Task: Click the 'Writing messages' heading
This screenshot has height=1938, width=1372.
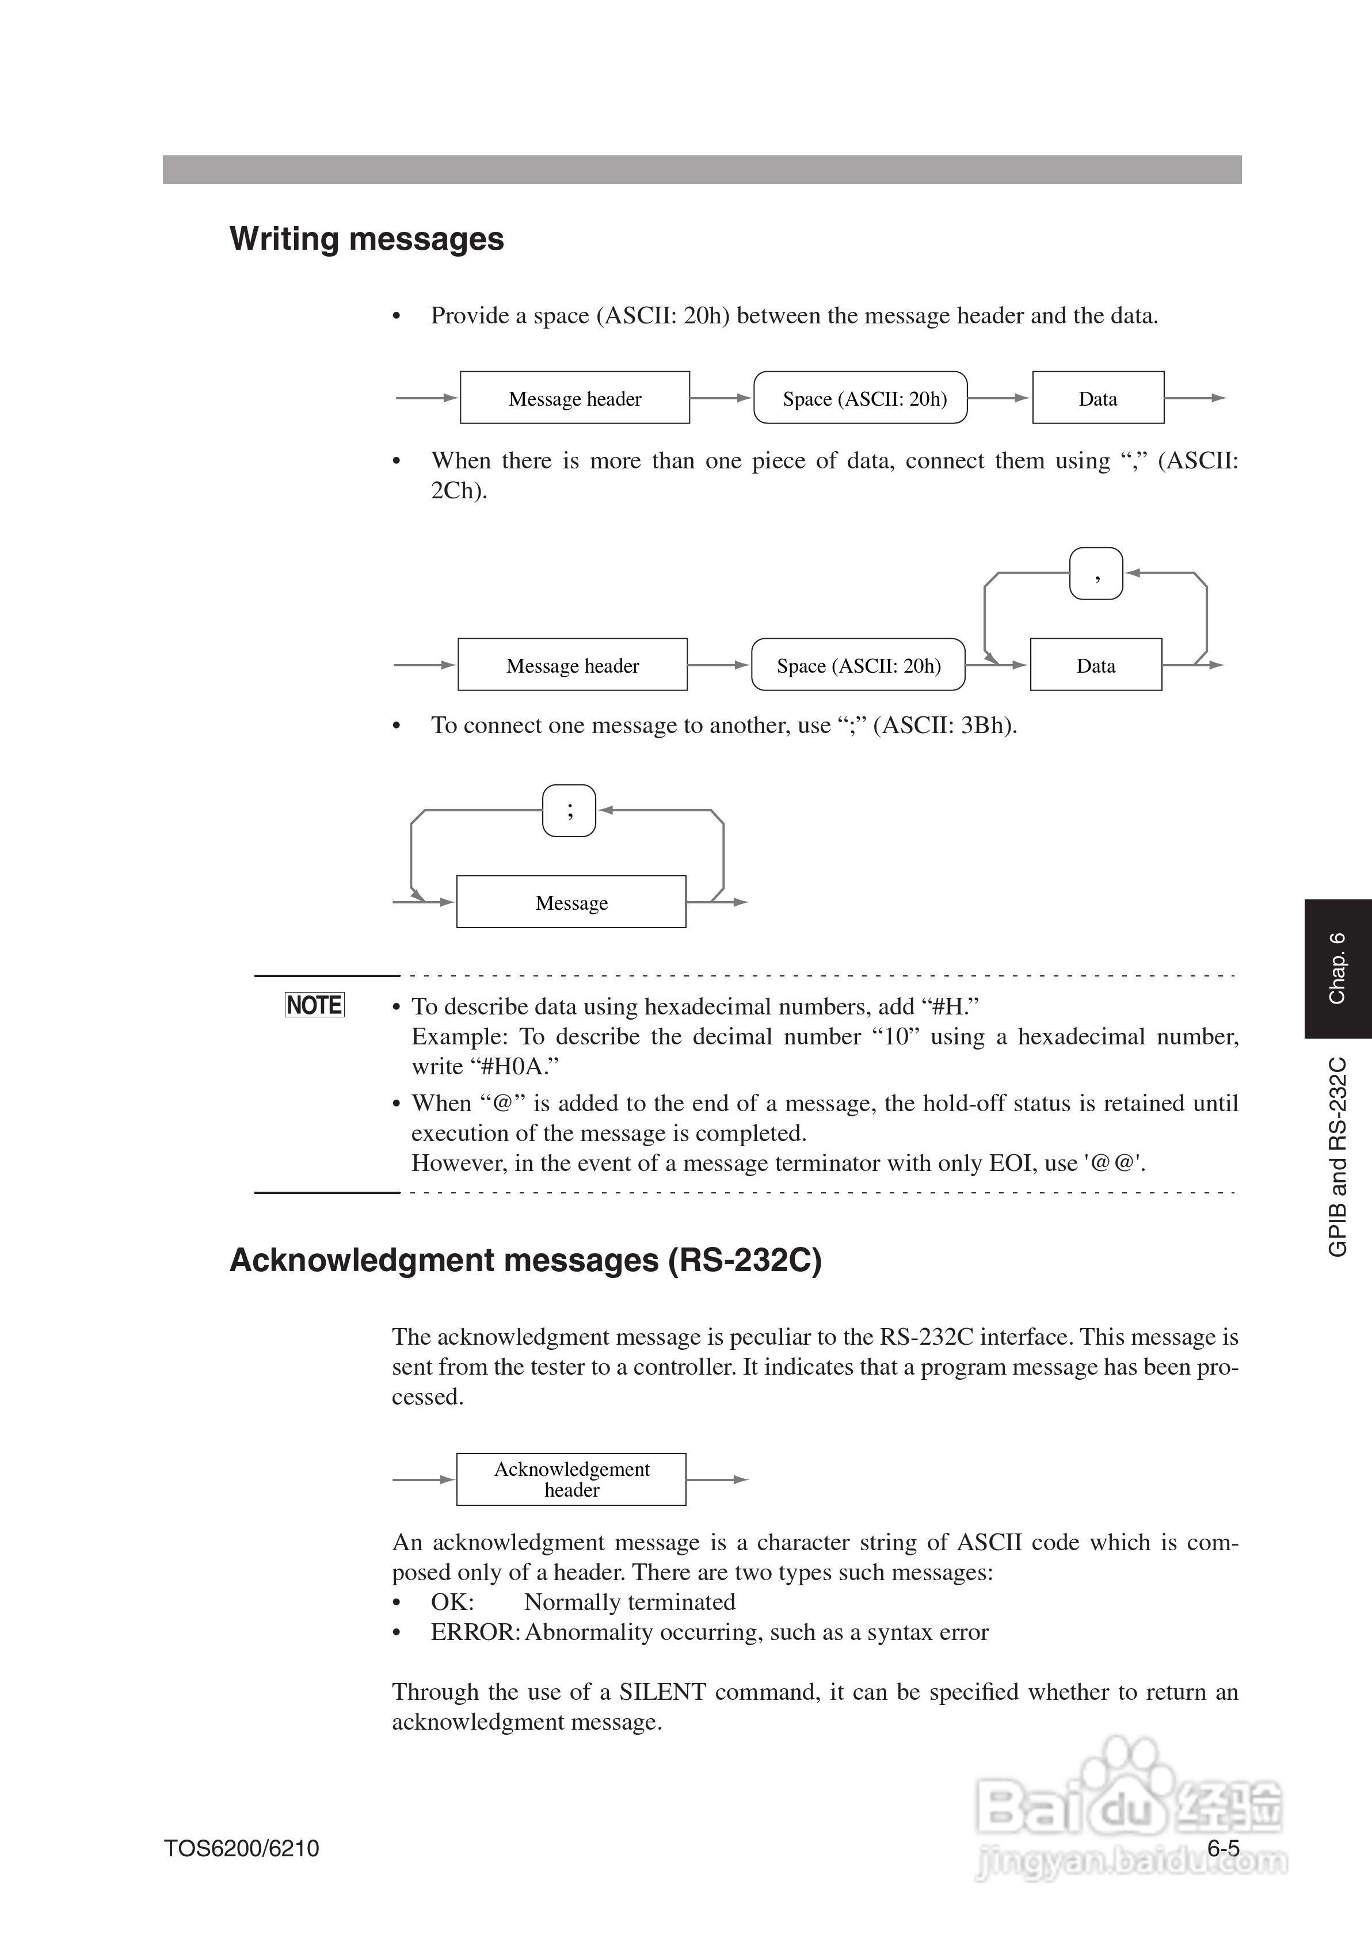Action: coord(367,239)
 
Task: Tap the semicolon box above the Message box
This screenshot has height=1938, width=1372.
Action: coord(569,811)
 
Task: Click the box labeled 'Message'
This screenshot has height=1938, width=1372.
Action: coord(571,903)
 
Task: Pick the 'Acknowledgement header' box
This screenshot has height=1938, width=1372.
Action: coord(571,1479)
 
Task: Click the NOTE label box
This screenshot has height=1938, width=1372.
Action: coord(314,1005)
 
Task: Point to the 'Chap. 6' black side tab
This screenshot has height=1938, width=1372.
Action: coord(1337,968)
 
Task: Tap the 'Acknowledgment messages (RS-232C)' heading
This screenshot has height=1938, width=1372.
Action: coord(525,1261)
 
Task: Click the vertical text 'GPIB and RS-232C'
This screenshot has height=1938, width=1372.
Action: coord(1337,1157)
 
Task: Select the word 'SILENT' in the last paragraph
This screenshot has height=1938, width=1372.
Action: coord(662,1692)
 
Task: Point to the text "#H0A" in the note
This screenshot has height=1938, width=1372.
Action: coord(514,1067)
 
